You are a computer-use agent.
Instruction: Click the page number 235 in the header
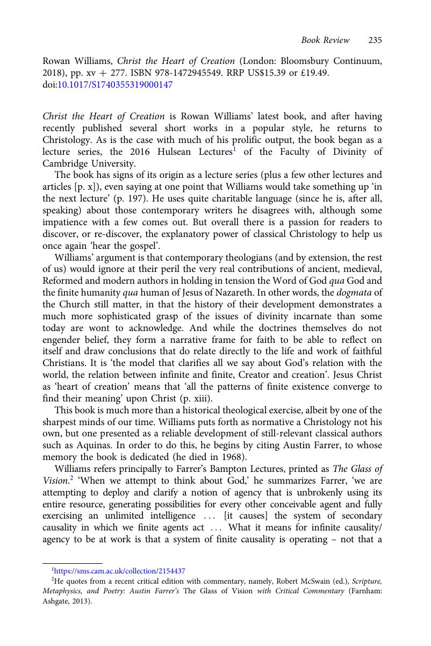[x=375, y=40]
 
